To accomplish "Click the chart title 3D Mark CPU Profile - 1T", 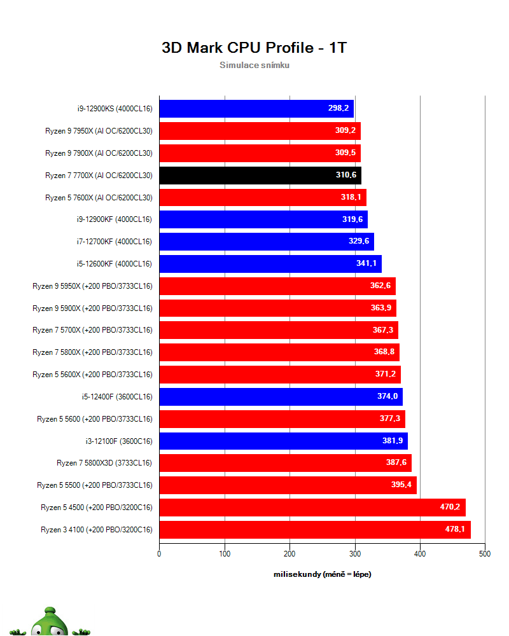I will coord(254,48).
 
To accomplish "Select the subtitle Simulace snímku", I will coord(254,65).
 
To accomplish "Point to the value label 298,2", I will coord(338,109).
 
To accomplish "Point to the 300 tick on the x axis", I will coord(354,554).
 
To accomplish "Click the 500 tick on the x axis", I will coord(485,554).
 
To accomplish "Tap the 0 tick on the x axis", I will coord(159,554).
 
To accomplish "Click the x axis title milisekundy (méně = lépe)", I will coord(322,574).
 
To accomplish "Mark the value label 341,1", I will coord(365,264).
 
